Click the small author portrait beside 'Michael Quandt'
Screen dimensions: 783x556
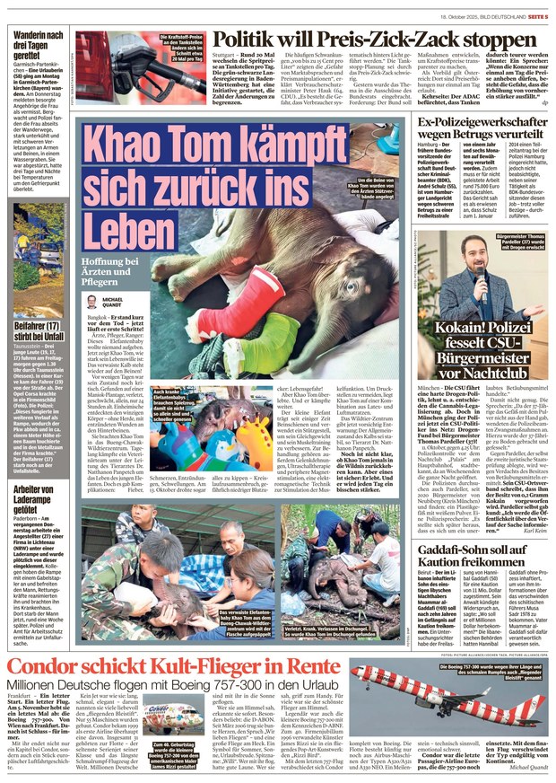[x=91, y=303]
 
